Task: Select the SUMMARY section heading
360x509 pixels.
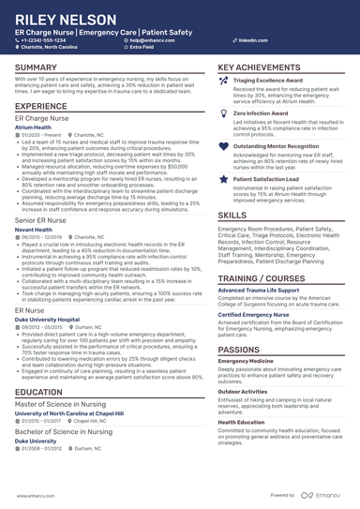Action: click(36, 68)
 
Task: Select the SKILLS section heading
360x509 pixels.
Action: click(232, 216)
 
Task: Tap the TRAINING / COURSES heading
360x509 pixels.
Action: click(262, 279)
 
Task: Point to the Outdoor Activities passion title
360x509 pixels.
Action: click(242, 392)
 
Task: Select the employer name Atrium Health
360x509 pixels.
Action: click(34, 127)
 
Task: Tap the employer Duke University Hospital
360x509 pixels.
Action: click(47, 319)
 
